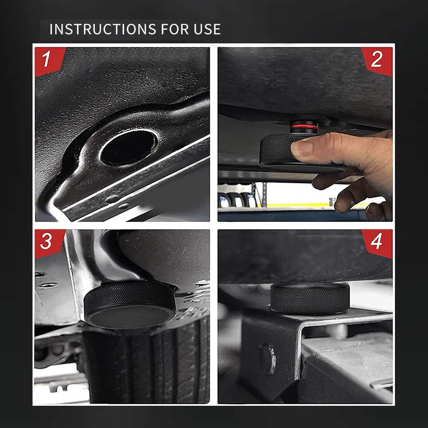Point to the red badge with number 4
pos(379,241)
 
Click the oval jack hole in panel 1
pos(128,147)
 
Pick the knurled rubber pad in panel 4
pos(309,298)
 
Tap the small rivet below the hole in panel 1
pos(112,198)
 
